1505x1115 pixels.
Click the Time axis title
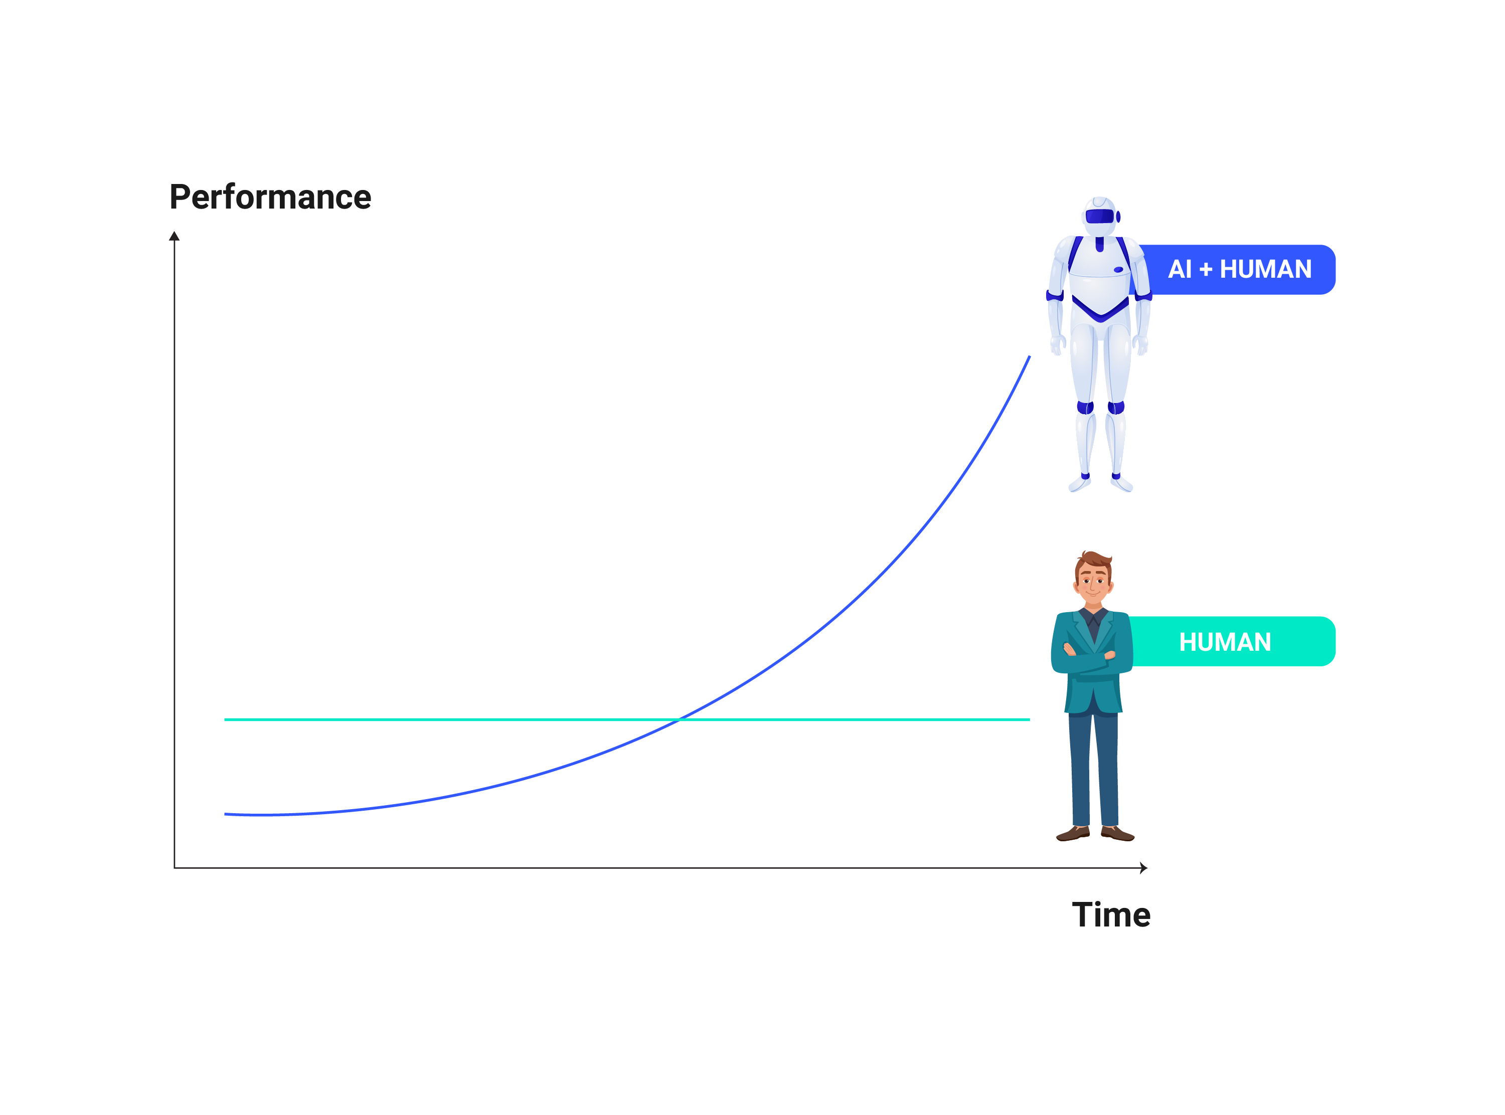pos(1111,915)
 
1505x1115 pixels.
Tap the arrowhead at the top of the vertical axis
pos(174,236)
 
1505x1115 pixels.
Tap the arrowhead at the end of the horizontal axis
pos(1144,868)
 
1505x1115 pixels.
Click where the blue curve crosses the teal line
pos(679,719)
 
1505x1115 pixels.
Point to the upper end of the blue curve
pos(1030,356)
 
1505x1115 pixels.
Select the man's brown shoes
pos(1095,834)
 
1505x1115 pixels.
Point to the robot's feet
pos(1101,483)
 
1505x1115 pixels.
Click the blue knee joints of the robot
pos(1101,407)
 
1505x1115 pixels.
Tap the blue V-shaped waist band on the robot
pos(1101,309)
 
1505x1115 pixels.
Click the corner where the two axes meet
pos(174,868)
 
